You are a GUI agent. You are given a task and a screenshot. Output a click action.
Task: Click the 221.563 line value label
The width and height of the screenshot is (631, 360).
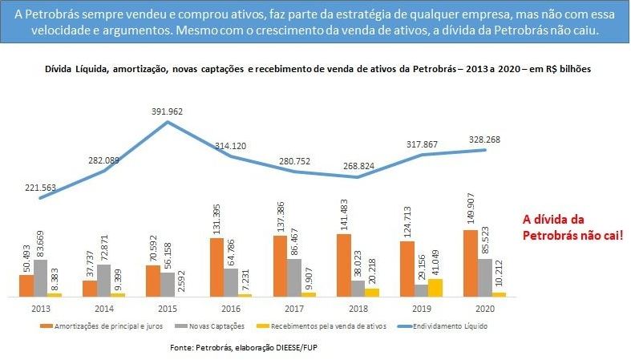point(42,186)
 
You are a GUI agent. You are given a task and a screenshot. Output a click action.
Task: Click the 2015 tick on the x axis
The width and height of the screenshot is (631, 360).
point(166,307)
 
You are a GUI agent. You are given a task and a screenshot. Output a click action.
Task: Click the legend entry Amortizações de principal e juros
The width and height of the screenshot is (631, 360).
point(99,326)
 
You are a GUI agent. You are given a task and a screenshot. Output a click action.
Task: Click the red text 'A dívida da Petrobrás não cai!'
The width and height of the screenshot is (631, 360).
point(572,228)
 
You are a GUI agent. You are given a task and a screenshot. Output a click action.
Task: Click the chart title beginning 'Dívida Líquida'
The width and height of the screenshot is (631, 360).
point(317,70)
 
